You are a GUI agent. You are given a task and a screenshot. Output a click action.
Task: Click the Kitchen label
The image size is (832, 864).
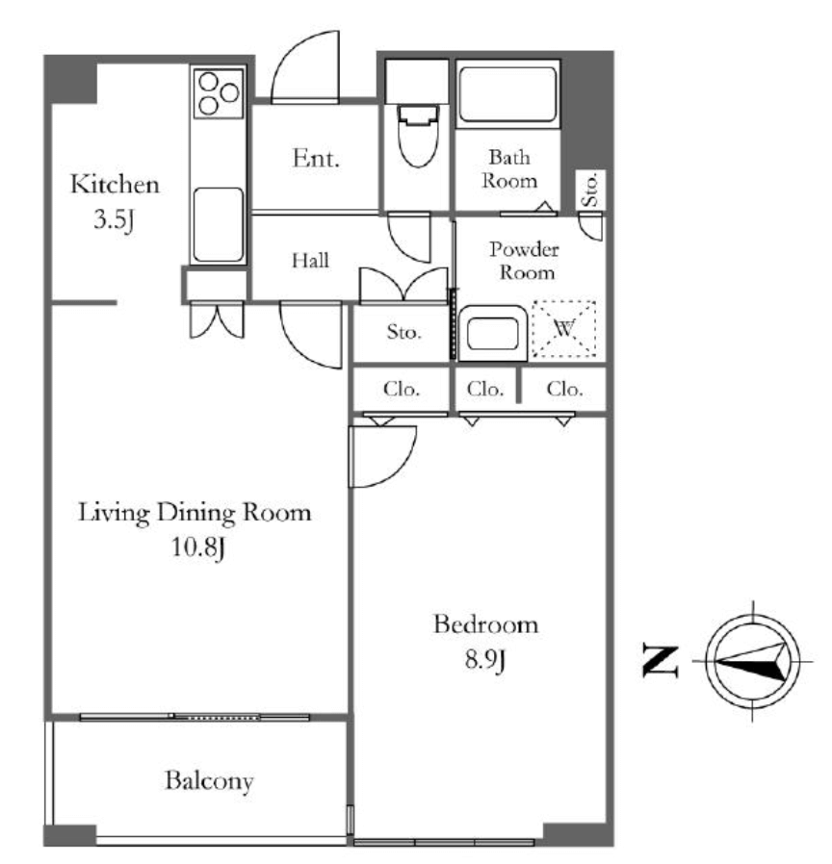(116, 185)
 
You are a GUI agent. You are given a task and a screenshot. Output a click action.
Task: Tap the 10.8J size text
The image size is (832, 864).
(198, 547)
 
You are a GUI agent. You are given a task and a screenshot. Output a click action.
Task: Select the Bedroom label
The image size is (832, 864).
(485, 624)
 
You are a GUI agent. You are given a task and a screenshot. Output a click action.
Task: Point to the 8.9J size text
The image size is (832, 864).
(484, 659)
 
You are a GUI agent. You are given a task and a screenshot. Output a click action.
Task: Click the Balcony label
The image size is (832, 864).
(209, 781)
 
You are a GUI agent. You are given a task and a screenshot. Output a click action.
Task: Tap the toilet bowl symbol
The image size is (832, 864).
(418, 136)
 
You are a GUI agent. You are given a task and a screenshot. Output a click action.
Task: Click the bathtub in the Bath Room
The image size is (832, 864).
(507, 94)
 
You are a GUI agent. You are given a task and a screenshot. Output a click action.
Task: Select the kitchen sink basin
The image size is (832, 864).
(219, 225)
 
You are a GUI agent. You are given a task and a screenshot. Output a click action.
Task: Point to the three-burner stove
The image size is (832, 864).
(219, 92)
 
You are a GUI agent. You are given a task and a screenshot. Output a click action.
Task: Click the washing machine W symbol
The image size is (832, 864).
(564, 329)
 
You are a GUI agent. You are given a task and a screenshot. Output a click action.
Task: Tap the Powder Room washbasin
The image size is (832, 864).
(492, 334)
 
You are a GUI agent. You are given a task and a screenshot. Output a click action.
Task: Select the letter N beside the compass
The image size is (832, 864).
(660, 661)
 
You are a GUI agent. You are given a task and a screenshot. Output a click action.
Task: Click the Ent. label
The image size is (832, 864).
(316, 159)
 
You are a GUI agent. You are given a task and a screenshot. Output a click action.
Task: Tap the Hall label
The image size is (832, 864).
(310, 260)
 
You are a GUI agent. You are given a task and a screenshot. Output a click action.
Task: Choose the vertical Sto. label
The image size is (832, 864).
(590, 190)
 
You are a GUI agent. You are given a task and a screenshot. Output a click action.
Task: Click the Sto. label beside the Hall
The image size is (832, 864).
(403, 332)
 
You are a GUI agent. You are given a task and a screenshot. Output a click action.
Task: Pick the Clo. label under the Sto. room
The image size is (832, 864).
(402, 389)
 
